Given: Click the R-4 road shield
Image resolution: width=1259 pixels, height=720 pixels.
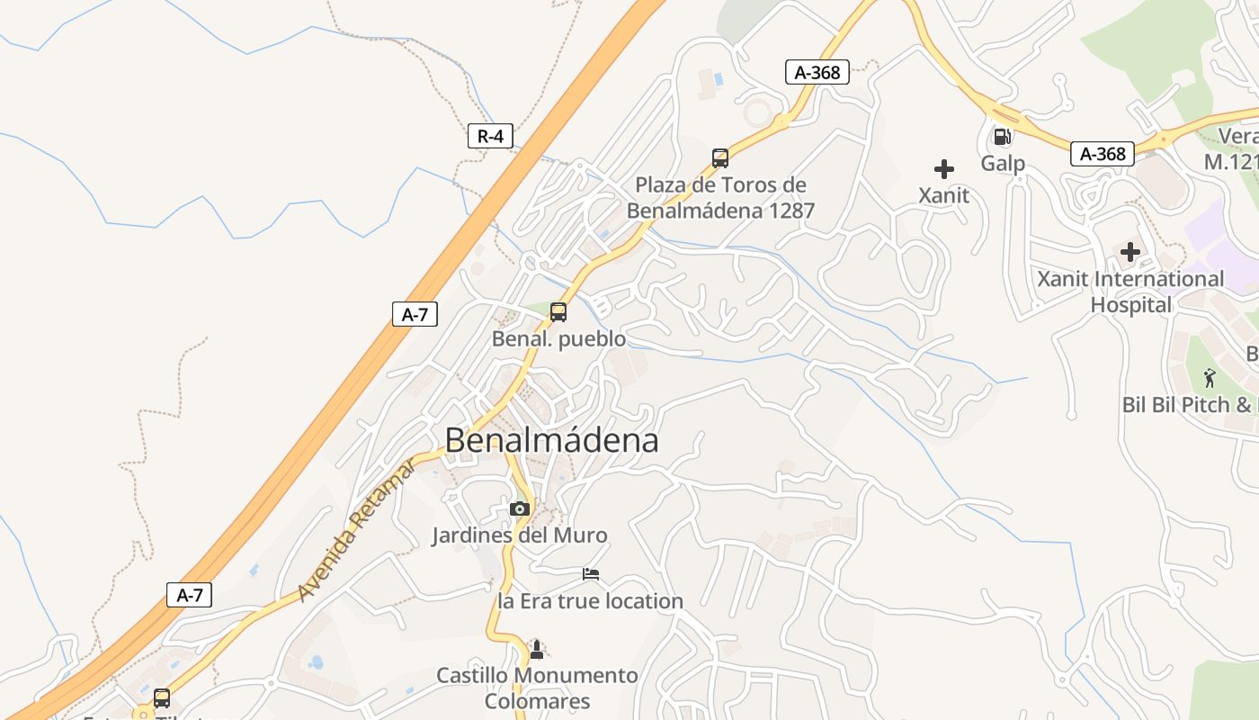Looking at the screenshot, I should pos(490,137).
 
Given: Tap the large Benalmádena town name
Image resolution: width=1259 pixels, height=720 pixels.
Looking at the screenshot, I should pos(551,441).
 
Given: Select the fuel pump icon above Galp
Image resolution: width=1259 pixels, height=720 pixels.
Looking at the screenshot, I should pos(1002,137).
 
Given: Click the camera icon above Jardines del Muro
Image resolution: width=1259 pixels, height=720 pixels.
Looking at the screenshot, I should pos(519,508).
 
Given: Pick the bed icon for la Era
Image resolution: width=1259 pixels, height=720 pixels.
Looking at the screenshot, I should pos(591,573).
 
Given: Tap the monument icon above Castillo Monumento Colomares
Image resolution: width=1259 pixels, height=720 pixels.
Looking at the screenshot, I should pos(537,649).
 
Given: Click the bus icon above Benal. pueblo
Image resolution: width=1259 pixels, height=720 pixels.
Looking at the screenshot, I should pos(558,312).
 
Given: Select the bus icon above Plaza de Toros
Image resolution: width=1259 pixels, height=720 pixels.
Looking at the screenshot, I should pos(720,158).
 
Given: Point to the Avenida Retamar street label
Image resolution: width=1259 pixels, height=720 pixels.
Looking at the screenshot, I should pos(357,530).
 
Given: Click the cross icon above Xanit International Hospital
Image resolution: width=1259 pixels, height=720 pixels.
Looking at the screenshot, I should pos(1130,252).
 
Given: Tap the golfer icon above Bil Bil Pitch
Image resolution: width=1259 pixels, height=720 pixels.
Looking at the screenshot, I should pos(1210,378).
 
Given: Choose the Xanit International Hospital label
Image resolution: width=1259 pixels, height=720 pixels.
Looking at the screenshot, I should pos(1130,292).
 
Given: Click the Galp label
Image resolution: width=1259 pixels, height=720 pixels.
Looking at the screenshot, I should pos(1003,164).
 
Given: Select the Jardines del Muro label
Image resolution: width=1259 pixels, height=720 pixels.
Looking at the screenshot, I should pos(519,535).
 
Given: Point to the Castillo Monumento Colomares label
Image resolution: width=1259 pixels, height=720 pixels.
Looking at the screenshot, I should pos(537,688).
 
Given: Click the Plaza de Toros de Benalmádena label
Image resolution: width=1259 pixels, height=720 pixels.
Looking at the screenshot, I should pos(720,198).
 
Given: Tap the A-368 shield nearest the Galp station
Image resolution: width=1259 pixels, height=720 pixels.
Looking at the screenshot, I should pos(1103,154).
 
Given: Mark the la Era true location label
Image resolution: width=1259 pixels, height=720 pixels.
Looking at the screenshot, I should pos(591,600).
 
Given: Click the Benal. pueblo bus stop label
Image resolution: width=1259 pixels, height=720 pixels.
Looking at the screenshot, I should pos(558,339).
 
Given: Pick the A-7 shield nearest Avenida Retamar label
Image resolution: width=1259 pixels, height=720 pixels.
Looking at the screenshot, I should pos(189,595).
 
